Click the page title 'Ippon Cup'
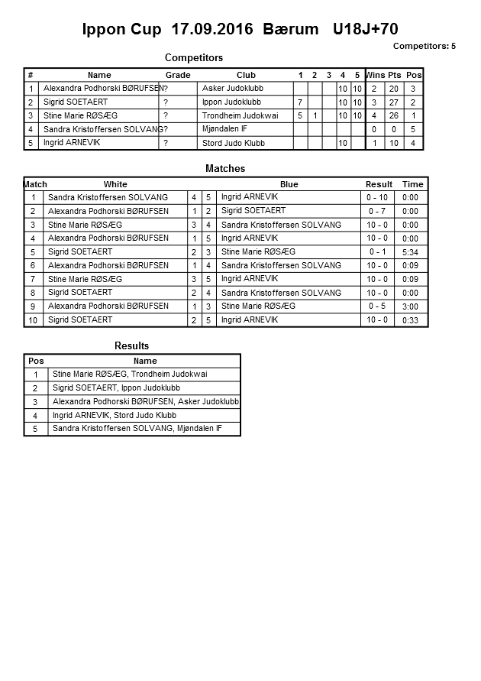122,30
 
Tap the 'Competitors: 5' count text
424,46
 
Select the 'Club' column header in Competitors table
246,75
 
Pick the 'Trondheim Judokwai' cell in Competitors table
240,115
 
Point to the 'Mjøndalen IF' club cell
224,129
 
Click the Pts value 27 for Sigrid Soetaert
394,102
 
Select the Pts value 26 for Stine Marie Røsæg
394,116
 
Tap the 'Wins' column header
375,75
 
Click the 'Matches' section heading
225,168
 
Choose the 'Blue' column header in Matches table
289,184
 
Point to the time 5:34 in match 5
410,252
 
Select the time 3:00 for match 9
410,306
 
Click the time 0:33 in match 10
410,320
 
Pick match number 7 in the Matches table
34,280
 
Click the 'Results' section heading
131,346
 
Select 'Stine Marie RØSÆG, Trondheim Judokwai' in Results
129,375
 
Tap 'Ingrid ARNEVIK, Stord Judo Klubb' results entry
114,416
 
